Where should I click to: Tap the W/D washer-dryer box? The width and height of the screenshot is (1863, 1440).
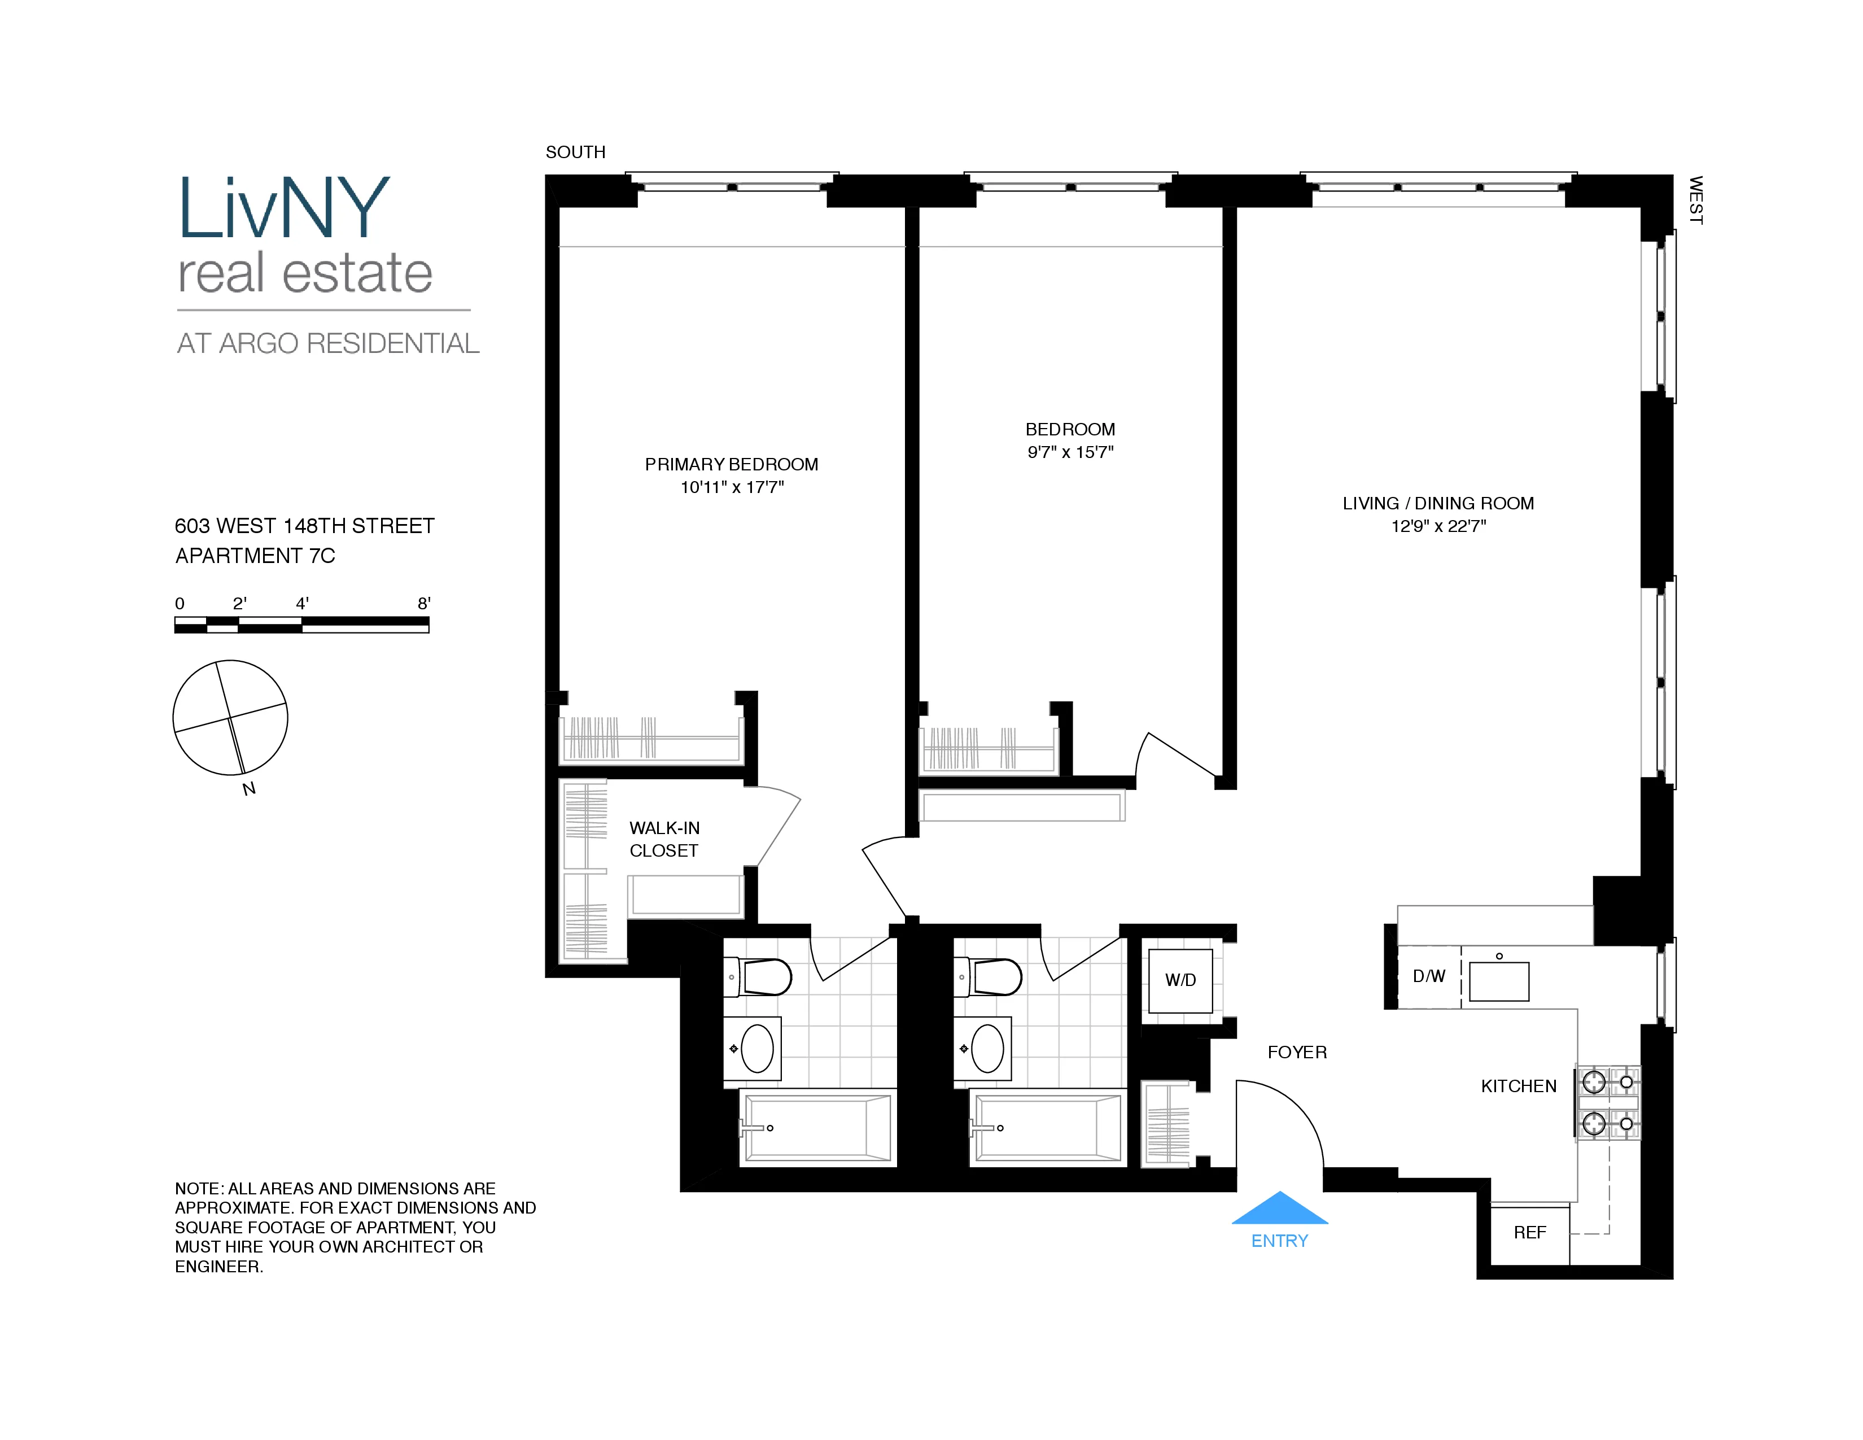pyautogui.click(x=1180, y=980)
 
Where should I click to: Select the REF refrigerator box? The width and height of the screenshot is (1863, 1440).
pyautogui.click(x=1529, y=1233)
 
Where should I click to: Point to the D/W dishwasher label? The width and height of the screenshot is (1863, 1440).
pyautogui.click(x=1429, y=976)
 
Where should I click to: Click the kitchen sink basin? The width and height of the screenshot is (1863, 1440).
pyautogui.click(x=1499, y=981)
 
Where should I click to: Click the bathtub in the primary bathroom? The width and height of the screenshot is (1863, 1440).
pyautogui.click(x=817, y=1128)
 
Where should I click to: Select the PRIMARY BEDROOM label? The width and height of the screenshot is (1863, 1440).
pyautogui.click(x=731, y=464)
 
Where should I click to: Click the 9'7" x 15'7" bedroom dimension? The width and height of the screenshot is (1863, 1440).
pyautogui.click(x=1070, y=452)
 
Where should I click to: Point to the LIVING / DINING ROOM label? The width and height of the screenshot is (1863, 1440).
pyautogui.click(x=1438, y=503)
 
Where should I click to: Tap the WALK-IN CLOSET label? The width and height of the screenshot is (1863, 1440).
pyautogui.click(x=664, y=839)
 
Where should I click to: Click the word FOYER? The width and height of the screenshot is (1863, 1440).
pyautogui.click(x=1297, y=1053)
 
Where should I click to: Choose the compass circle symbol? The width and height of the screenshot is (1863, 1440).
pyautogui.click(x=230, y=717)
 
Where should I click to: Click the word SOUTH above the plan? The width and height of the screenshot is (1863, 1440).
pyautogui.click(x=576, y=152)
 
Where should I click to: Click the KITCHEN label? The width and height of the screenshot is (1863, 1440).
pyautogui.click(x=1519, y=1086)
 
